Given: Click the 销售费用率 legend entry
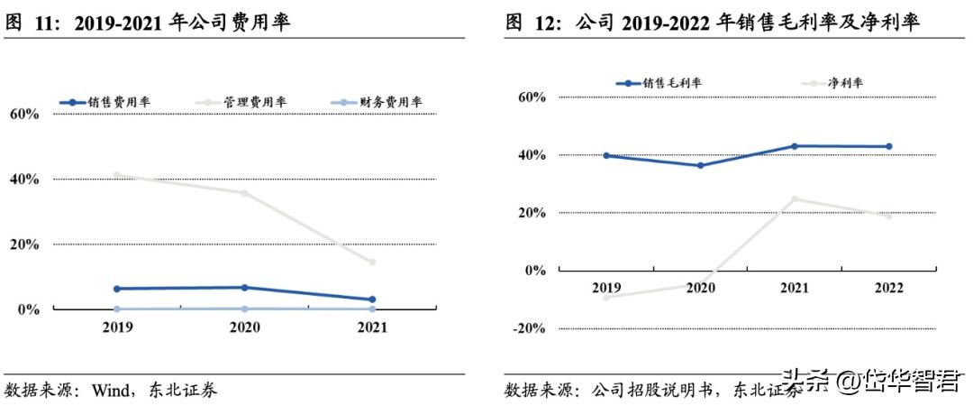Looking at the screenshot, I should pyautogui.click(x=106, y=102).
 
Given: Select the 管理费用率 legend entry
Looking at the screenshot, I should pyautogui.click(x=242, y=102).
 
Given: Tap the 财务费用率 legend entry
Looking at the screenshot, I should pyautogui.click(x=377, y=102).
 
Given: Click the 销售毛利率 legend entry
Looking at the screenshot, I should pyautogui.click(x=659, y=83).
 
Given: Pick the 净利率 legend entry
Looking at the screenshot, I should pyautogui.click(x=832, y=83).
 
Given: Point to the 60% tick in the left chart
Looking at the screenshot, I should pyautogui.click(x=24, y=114).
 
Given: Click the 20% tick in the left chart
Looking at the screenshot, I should pyautogui.click(x=24, y=245).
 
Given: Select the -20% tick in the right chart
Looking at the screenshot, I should pyautogui.click(x=528, y=328).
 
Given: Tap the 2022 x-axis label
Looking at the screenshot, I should pyautogui.click(x=888, y=288).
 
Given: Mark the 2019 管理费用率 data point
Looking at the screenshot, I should pyautogui.click(x=117, y=175).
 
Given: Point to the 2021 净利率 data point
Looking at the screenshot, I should pyautogui.click(x=795, y=199).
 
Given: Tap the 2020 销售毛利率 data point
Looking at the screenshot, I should pyautogui.click(x=701, y=165).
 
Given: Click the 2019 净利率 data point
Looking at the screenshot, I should pyautogui.click(x=606, y=297).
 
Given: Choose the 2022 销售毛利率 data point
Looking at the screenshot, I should pyautogui.click(x=888, y=146).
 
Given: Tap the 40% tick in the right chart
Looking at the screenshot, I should pyautogui.click(x=531, y=155).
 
